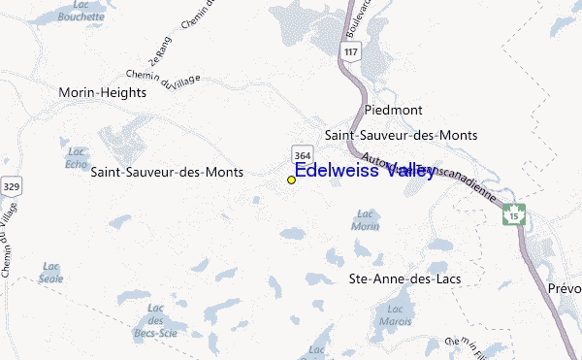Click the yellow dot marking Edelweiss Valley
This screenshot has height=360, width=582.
pyautogui.click(x=291, y=180)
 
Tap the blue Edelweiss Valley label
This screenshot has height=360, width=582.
pyautogui.click(x=364, y=172)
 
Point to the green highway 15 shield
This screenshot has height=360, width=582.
pyautogui.click(x=513, y=213)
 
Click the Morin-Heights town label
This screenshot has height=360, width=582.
pyautogui.click(x=102, y=93)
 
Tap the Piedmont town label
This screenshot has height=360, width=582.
pyautogui.click(x=397, y=110)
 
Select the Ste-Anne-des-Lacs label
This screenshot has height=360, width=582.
pyautogui.click(x=404, y=278)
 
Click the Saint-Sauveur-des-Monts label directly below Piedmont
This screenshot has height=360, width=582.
pyautogui.click(x=401, y=135)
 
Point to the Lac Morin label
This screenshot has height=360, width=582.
pyautogui.click(x=366, y=219)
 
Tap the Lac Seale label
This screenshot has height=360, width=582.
pyautogui.click(x=51, y=272)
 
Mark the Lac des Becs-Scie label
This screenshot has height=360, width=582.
pyautogui.click(x=154, y=317)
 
